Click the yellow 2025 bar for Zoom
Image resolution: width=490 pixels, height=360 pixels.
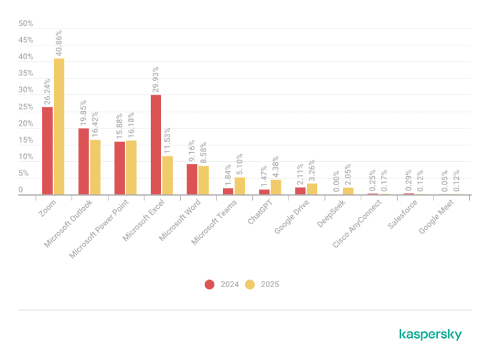(x=59, y=127)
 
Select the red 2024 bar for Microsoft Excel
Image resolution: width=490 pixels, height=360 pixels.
(x=156, y=145)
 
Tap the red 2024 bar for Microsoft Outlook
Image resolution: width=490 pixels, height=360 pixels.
(x=83, y=162)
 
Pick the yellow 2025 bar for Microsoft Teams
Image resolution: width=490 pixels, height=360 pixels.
(x=240, y=186)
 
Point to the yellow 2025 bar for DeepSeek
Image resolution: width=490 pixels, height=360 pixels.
(x=348, y=191)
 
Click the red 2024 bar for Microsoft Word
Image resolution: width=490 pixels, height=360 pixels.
(x=192, y=179)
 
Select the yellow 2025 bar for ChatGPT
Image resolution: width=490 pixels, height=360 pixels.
(x=276, y=188)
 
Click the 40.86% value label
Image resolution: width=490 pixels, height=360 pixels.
(x=58, y=43)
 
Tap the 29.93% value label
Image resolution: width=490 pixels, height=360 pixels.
(x=155, y=79)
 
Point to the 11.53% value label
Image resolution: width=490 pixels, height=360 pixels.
(x=167, y=140)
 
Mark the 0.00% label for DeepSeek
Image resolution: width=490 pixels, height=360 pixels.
(x=336, y=181)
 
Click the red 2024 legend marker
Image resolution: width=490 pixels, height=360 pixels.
(x=209, y=285)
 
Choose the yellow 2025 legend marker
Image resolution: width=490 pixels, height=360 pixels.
(x=250, y=285)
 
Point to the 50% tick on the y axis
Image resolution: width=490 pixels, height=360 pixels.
(x=25, y=23)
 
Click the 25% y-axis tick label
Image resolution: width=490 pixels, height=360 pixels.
(x=25, y=107)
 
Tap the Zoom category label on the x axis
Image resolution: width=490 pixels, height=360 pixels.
(x=47, y=208)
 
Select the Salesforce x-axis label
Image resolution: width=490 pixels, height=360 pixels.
(x=402, y=214)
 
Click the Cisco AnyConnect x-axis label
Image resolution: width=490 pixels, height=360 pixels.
(x=357, y=224)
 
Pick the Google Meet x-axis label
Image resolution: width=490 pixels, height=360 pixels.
(x=436, y=217)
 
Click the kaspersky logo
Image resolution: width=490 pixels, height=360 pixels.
(x=430, y=335)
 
